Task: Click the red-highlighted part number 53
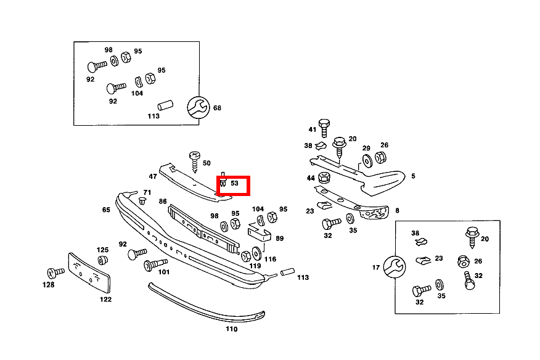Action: pos(234,184)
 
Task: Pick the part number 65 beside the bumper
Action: pos(106,210)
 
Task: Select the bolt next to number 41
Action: pos(324,128)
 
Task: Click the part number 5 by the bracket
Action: pos(413,176)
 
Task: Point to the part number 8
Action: pos(397,211)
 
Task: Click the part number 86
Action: pos(163,202)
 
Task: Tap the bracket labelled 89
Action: pos(258,234)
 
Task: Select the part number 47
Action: pos(152,176)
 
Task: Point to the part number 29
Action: pos(366,149)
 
